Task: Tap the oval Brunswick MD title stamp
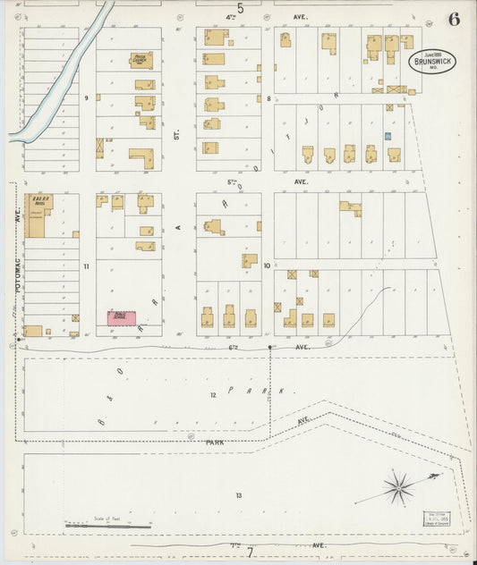(x=431, y=62)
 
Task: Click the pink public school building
(x=121, y=317)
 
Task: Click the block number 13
(x=238, y=495)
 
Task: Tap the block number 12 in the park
(x=213, y=394)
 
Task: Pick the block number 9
(x=87, y=97)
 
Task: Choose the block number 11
(x=87, y=266)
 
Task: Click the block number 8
(x=268, y=97)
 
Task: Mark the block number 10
(x=267, y=266)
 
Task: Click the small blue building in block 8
(x=388, y=136)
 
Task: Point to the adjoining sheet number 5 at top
(x=240, y=8)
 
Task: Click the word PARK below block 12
(x=215, y=443)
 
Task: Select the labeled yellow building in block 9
(x=141, y=60)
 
